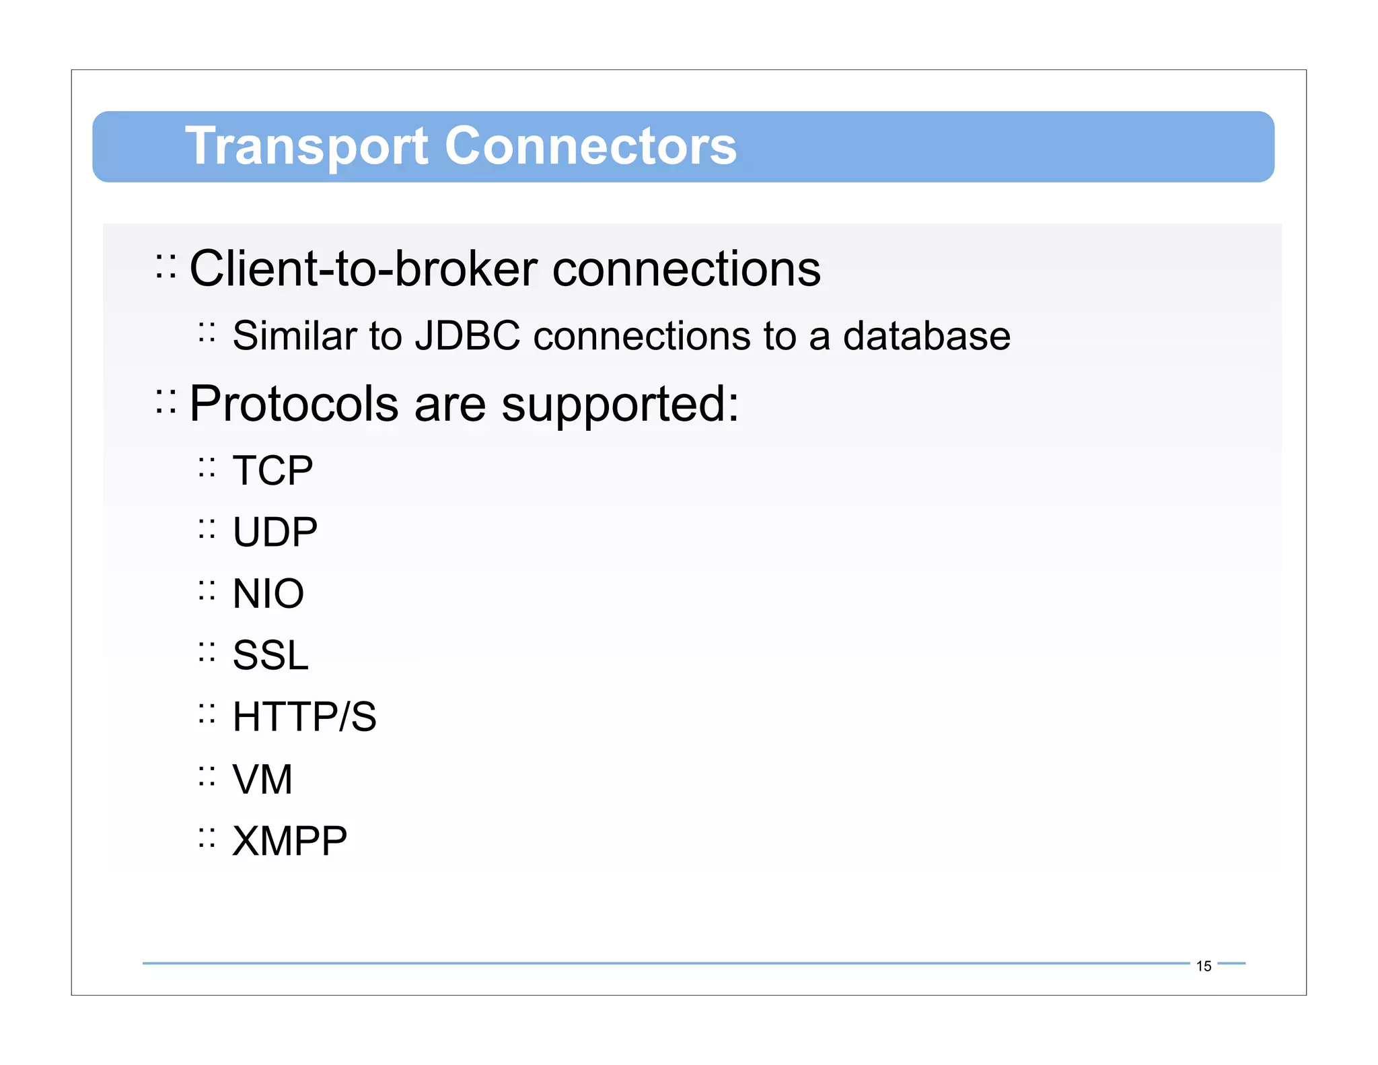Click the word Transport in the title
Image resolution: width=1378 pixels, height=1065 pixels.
pyautogui.click(x=306, y=146)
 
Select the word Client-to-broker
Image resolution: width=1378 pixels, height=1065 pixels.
pyautogui.click(x=363, y=269)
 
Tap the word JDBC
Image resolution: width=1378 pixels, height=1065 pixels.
pyautogui.click(x=467, y=335)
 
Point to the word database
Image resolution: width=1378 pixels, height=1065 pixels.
pyautogui.click(x=927, y=335)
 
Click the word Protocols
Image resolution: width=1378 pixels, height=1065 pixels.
pyautogui.click(x=294, y=404)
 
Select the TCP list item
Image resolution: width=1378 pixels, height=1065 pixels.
pyautogui.click(x=273, y=470)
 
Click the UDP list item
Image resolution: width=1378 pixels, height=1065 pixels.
pyautogui.click(x=275, y=532)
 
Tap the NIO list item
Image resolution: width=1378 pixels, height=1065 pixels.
pyautogui.click(x=268, y=594)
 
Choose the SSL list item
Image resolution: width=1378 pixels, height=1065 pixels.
pyautogui.click(x=270, y=655)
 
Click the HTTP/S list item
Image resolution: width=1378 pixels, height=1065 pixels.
pyautogui.click(x=304, y=716)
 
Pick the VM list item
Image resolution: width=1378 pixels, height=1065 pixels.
pyautogui.click(x=262, y=779)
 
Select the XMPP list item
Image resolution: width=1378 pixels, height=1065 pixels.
pyautogui.click(x=289, y=841)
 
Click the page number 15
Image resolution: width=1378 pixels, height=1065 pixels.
pyautogui.click(x=1203, y=966)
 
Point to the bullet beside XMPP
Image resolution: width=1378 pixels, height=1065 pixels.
pyautogui.click(x=207, y=837)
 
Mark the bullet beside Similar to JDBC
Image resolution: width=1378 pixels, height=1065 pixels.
pyautogui.click(x=207, y=333)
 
